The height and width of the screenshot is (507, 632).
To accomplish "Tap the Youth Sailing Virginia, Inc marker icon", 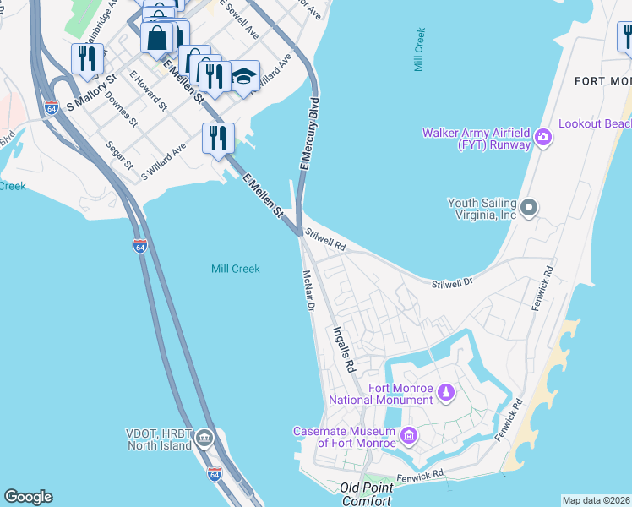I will coord(529,206).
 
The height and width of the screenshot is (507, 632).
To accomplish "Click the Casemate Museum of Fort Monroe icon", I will coord(409,436).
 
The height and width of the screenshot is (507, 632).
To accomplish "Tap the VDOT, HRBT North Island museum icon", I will coord(204,439).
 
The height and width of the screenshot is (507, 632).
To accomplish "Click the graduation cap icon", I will coord(243,76).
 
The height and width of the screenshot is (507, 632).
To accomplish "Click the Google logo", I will coord(28,497).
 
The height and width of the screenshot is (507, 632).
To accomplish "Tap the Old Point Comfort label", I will coord(367,493).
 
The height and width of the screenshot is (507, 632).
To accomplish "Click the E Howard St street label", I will coord(147,90).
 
